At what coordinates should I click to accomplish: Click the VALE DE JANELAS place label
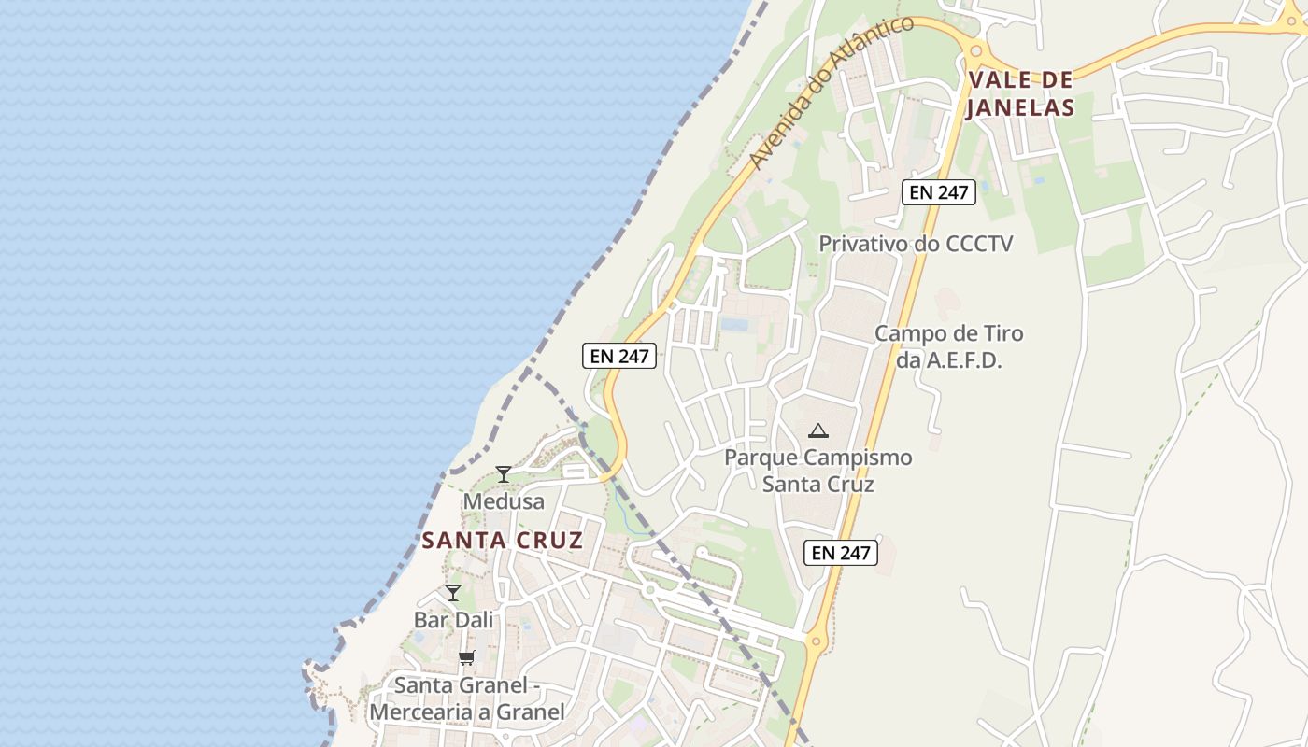pos(1020,93)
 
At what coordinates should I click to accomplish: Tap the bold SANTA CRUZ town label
pos(503,540)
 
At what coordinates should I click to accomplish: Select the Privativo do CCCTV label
pos(916,244)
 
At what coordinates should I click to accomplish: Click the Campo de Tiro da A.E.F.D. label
pos(948,346)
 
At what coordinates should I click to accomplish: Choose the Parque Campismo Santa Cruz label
pos(818,471)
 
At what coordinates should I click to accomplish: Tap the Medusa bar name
pos(504,501)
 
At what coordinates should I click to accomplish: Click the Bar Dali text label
pos(453,619)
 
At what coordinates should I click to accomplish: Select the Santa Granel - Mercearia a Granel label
pos(467,698)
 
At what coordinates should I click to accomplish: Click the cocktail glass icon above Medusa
pos(504,474)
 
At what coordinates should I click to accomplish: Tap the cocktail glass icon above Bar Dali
pos(453,592)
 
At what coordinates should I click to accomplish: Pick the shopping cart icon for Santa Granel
pos(467,657)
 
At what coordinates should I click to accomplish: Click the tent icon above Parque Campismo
pos(818,430)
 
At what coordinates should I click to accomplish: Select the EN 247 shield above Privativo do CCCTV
pos(939,192)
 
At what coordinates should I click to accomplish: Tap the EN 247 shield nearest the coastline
pos(619,355)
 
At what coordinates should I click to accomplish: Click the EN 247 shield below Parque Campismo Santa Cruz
pos(841,552)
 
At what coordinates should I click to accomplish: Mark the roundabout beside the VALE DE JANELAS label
pos(976,52)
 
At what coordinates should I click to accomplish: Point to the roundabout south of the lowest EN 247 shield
pos(817,641)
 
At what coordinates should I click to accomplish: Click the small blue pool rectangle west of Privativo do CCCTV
pos(735,325)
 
